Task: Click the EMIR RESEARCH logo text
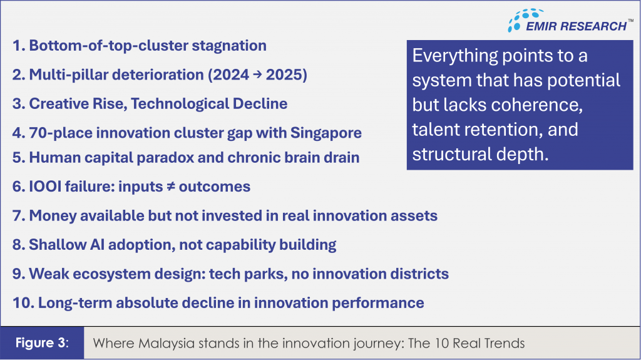pyautogui.click(x=576, y=26)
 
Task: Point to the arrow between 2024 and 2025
pyautogui.click(x=257, y=75)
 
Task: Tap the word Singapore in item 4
pyautogui.click(x=326, y=133)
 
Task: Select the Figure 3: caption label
pyautogui.click(x=42, y=343)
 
